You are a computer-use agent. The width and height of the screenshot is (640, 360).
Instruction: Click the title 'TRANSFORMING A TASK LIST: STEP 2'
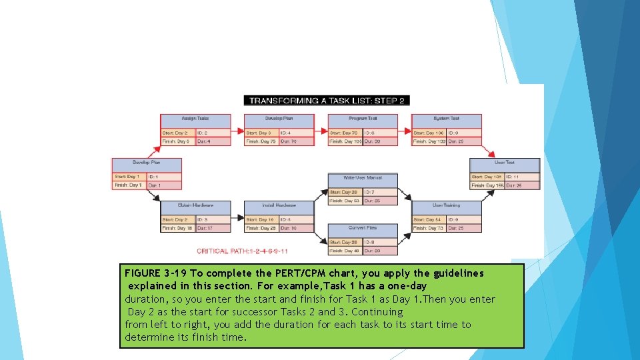327,101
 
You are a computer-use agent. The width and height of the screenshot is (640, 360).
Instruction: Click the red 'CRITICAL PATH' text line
243,251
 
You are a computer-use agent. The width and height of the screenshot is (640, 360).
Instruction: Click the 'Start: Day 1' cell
129,177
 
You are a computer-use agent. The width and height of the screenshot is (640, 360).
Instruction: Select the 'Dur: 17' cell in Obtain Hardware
213,228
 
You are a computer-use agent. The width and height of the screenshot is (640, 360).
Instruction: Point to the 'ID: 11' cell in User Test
522,177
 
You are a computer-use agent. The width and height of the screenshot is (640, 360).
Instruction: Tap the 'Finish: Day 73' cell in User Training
429,228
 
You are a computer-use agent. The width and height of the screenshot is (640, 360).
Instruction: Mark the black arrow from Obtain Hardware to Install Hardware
237,216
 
